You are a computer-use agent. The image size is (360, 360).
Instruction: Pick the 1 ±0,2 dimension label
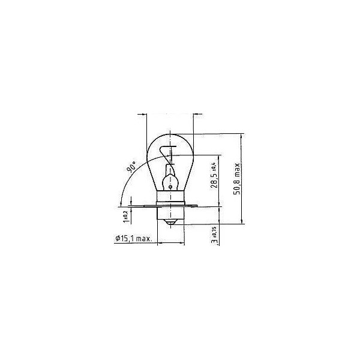pos(124,214)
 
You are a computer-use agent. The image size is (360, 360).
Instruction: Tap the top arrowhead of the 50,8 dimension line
pos(242,137)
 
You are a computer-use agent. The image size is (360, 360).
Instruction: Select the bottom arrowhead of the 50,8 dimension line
pos(242,222)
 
